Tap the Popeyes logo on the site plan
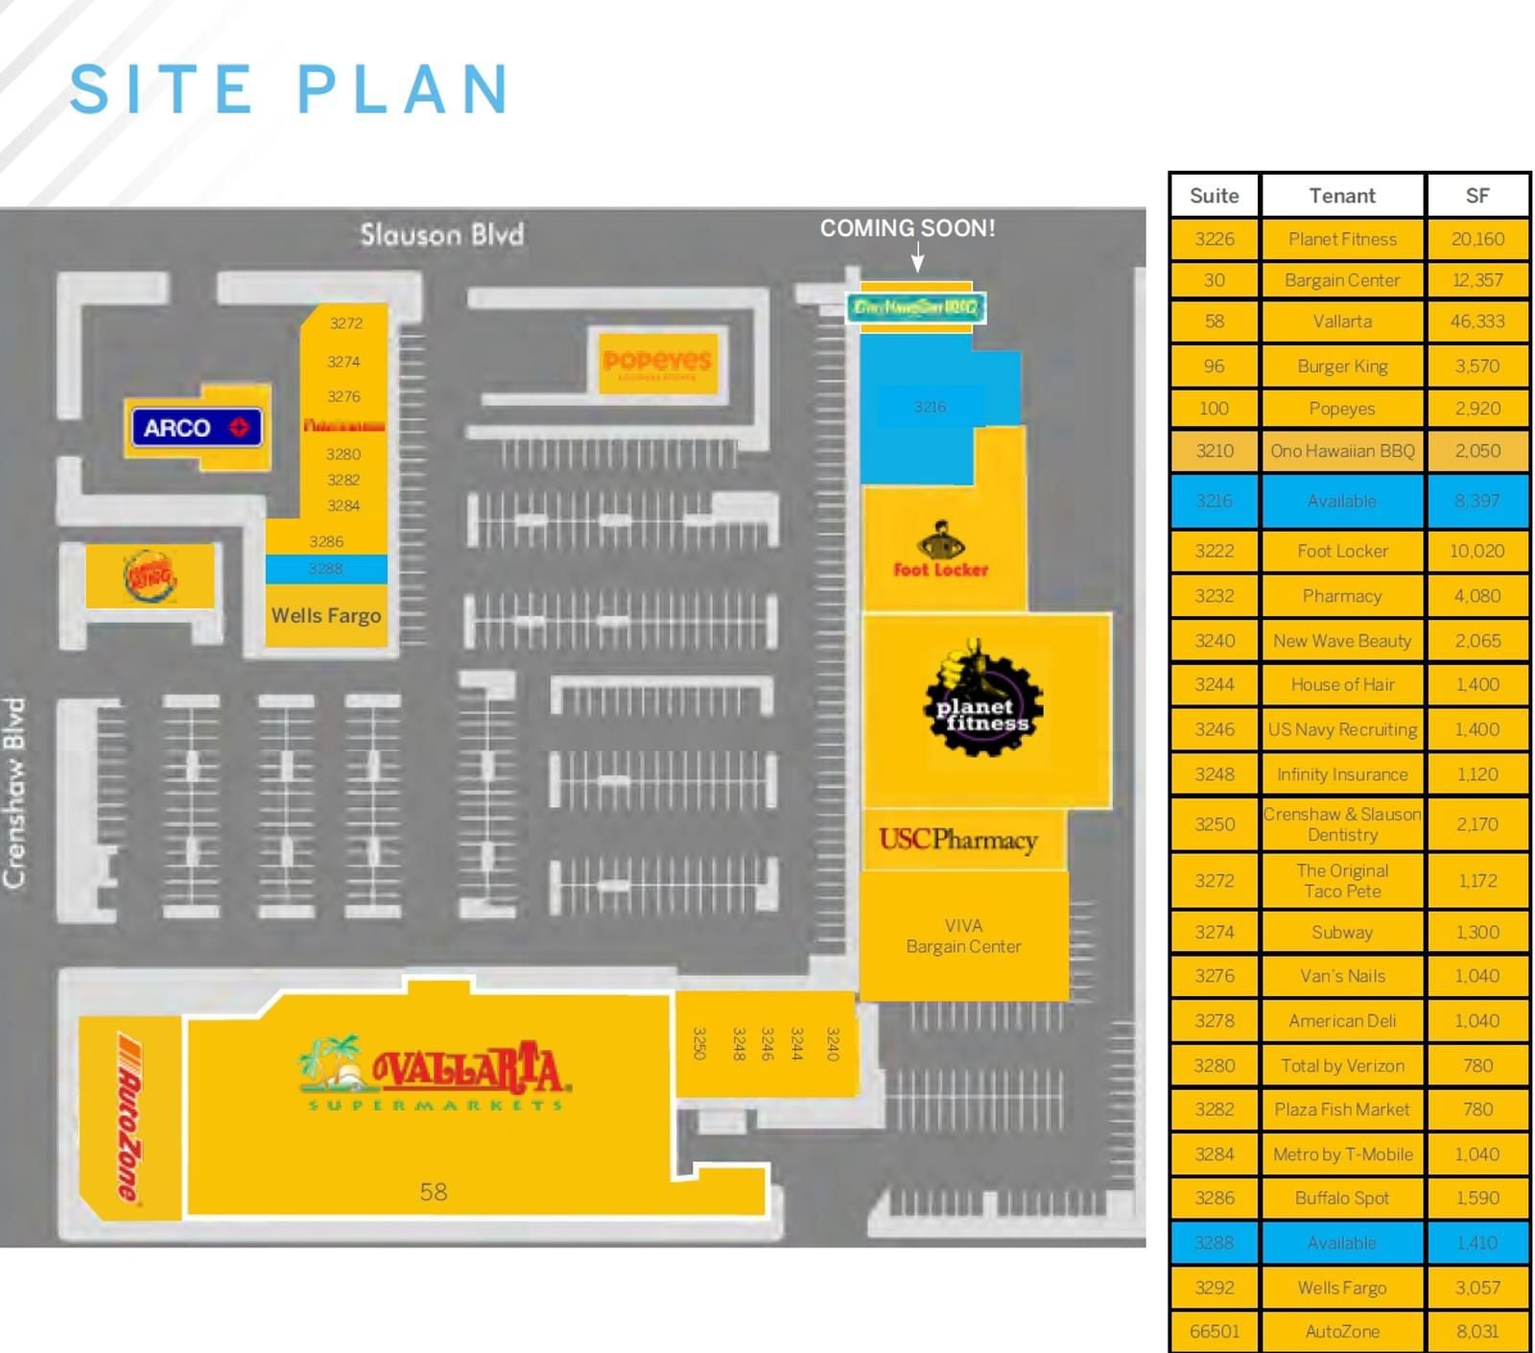[x=657, y=362]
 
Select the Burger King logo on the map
[x=150, y=576]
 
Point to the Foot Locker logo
[x=941, y=551]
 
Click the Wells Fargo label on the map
[x=326, y=616]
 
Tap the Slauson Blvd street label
[x=442, y=234]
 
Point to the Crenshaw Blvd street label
[x=15, y=793]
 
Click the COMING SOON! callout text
[x=907, y=228]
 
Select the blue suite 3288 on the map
[x=326, y=569]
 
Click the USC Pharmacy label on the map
[x=958, y=841]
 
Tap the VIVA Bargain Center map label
[x=963, y=937]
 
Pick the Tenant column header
[x=1342, y=196]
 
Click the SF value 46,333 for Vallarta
[x=1477, y=321]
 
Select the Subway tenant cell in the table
[x=1342, y=932]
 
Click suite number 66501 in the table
[x=1215, y=1331]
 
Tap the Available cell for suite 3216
[x=1342, y=501]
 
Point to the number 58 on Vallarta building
[x=434, y=1192]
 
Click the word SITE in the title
[x=161, y=89]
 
